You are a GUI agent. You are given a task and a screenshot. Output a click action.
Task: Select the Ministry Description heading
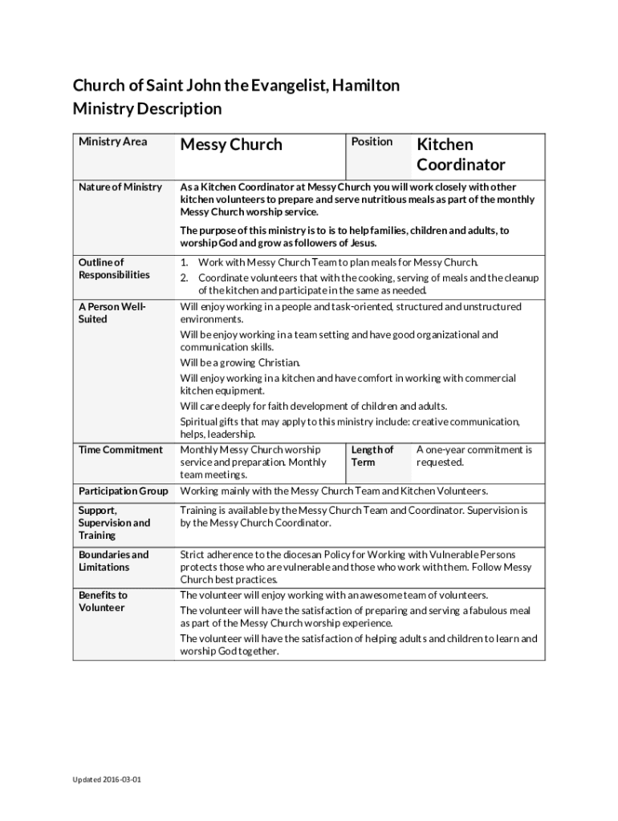click(x=147, y=108)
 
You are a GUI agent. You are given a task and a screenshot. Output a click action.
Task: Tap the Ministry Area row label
click(x=113, y=142)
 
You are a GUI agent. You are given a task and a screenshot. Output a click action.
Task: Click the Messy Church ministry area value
click(x=231, y=145)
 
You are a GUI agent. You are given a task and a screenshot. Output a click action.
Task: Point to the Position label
click(x=372, y=142)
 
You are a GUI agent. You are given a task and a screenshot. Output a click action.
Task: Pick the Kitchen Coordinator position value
click(x=460, y=155)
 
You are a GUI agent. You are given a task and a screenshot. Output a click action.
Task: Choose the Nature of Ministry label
click(x=120, y=188)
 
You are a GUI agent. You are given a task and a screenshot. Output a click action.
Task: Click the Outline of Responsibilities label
click(x=114, y=269)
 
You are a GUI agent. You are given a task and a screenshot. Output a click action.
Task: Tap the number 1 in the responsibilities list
click(x=184, y=262)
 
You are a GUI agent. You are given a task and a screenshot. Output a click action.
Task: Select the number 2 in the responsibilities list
click(x=184, y=277)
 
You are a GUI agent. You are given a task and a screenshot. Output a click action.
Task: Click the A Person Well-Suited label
click(x=112, y=313)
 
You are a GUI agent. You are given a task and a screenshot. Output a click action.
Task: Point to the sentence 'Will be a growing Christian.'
click(x=240, y=362)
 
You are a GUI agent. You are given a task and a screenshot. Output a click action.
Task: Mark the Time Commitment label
click(x=120, y=450)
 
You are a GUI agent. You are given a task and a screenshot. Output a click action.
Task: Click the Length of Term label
click(x=372, y=456)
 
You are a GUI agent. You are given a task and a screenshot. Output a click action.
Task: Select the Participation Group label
click(x=124, y=491)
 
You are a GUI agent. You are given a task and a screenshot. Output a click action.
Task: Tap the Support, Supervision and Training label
click(x=114, y=523)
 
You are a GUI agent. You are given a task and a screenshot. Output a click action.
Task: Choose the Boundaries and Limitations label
click(x=113, y=561)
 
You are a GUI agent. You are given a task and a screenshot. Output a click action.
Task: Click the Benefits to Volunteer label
click(x=103, y=601)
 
